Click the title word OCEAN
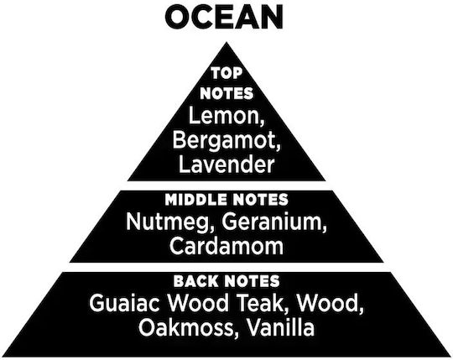click(x=224, y=17)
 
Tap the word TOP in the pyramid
click(x=226, y=73)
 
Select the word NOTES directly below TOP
click(x=226, y=94)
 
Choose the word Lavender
click(x=226, y=164)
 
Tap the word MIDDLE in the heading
click(x=195, y=200)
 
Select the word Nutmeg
click(x=169, y=223)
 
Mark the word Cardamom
click(x=226, y=246)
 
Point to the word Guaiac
click(x=124, y=303)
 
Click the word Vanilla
click(x=280, y=327)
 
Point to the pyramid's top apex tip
click(x=226, y=43)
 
